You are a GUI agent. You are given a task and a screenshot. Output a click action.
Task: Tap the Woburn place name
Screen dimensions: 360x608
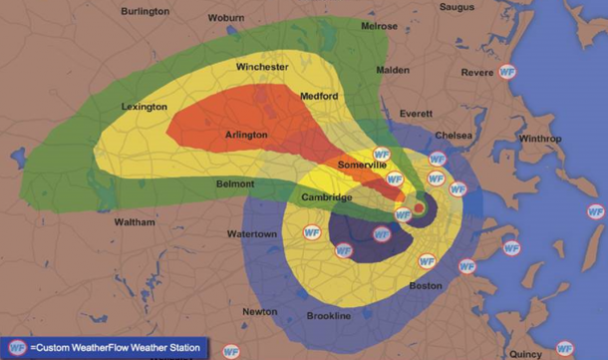[x=232, y=18]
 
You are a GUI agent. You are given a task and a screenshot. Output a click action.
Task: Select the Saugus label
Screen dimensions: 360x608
[x=457, y=7]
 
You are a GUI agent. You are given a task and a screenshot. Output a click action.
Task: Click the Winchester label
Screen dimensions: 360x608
[x=262, y=67]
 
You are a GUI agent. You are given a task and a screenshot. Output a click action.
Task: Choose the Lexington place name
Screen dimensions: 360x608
[x=145, y=106]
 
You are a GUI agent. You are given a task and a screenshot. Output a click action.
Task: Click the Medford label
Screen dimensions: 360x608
[x=319, y=96]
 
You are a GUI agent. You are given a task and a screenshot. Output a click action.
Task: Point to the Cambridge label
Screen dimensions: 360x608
[x=328, y=197]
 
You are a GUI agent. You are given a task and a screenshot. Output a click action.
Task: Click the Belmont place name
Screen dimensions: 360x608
[x=235, y=184]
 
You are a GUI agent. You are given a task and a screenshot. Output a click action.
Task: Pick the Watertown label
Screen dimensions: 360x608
[x=253, y=234]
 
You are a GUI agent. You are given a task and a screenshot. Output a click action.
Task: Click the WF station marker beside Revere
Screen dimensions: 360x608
[x=508, y=72]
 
